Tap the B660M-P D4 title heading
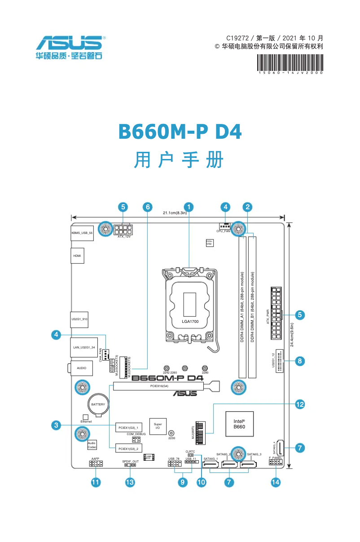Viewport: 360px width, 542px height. tap(180, 132)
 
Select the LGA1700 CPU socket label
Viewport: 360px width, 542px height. tap(190, 322)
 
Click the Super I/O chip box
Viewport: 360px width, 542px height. tap(158, 426)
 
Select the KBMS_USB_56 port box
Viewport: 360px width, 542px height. tap(82, 233)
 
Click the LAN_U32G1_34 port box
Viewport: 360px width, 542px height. tap(84, 348)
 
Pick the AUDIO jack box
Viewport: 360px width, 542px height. tap(81, 368)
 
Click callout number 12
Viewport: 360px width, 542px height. tap(300, 404)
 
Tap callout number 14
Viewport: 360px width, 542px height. tap(276, 482)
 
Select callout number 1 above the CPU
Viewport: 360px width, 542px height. tap(190, 207)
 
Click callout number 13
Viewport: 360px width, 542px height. tap(130, 482)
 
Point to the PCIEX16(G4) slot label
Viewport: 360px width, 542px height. tap(159, 386)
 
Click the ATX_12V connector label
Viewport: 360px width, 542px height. tap(124, 237)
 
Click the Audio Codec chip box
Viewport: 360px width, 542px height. tap(92, 445)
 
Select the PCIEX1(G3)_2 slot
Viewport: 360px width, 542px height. tap(129, 449)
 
